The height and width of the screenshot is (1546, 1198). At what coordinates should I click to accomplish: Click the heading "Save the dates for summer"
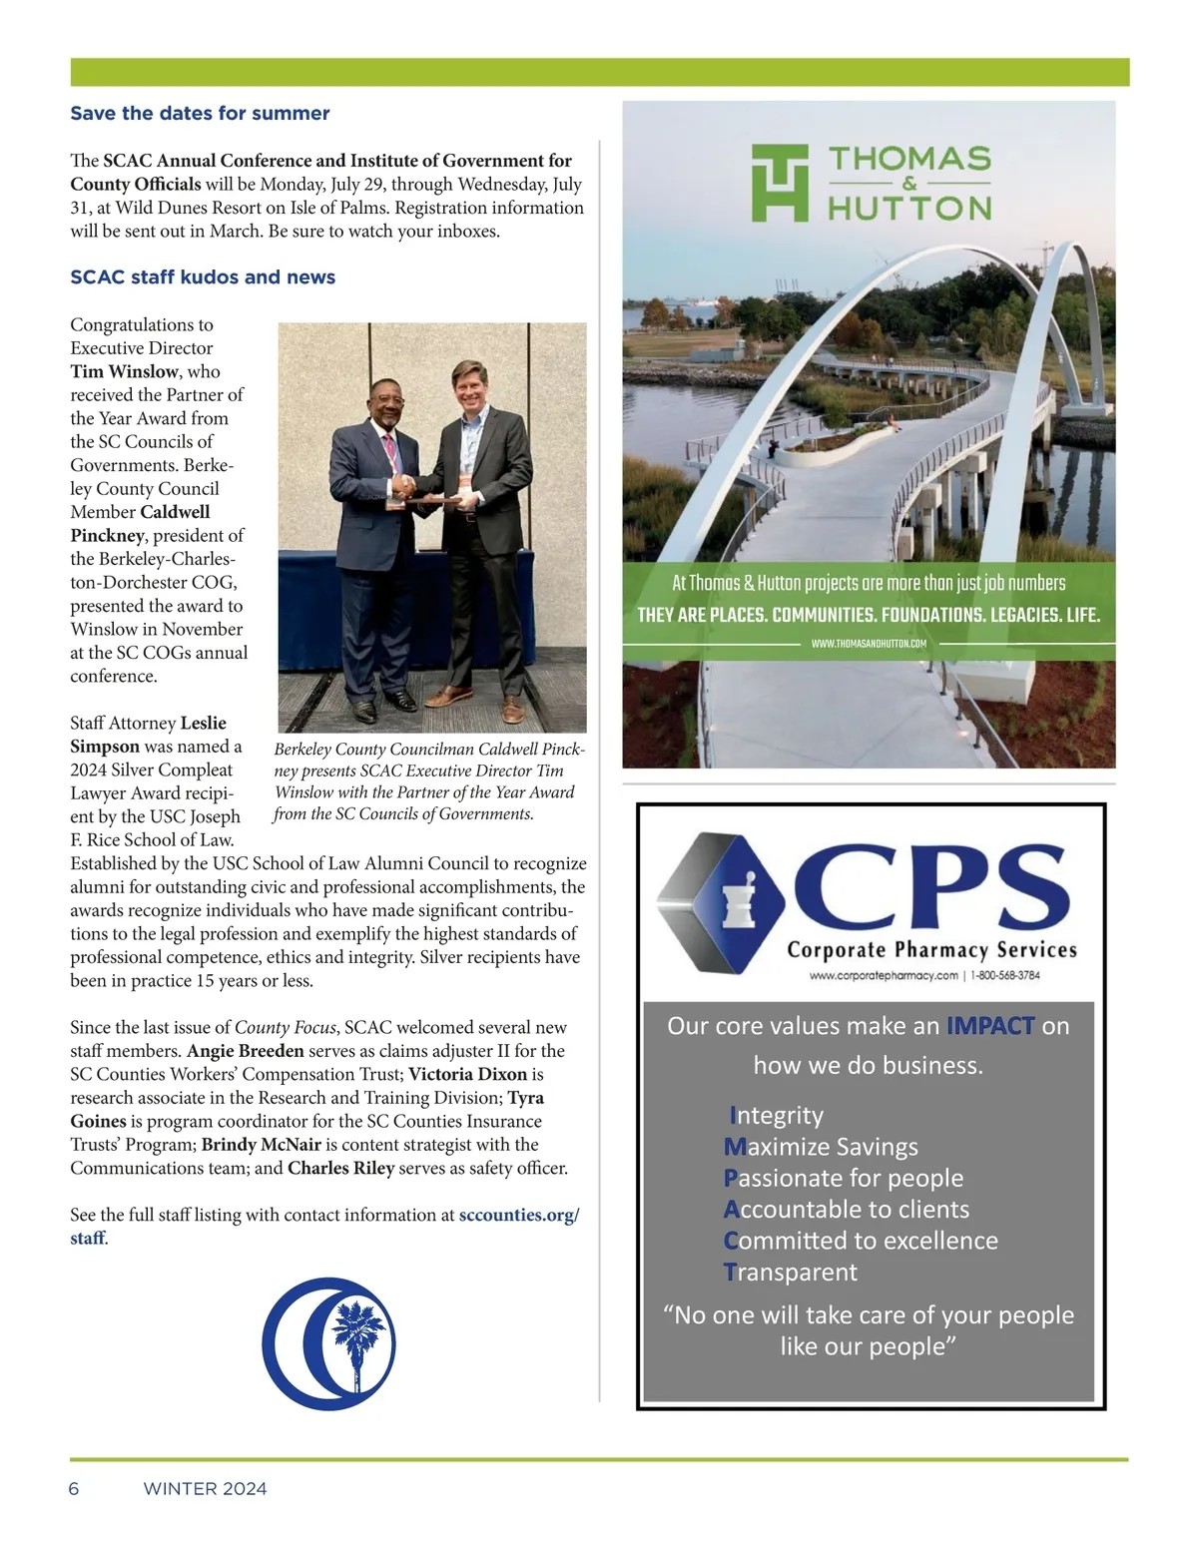pyautogui.click(x=200, y=114)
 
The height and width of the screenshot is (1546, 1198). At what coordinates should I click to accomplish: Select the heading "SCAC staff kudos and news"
pyautogui.click(x=203, y=277)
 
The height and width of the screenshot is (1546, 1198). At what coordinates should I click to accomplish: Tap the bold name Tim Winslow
pyautogui.click(x=125, y=371)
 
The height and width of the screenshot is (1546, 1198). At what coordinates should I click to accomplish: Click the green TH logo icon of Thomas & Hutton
pyautogui.click(x=779, y=182)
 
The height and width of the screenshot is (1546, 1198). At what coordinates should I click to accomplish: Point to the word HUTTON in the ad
pyautogui.click(x=908, y=208)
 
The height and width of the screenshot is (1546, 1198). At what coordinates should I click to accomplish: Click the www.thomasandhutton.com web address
pyautogui.click(x=869, y=644)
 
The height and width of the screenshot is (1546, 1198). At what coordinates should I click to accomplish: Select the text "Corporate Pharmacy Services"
pyautogui.click(x=931, y=949)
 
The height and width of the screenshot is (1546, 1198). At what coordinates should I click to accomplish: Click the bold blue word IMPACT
pyautogui.click(x=990, y=1026)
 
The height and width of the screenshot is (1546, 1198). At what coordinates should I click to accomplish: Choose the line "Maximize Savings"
pyautogui.click(x=821, y=1147)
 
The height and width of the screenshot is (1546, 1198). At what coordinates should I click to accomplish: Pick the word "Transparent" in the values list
pyautogui.click(x=790, y=1273)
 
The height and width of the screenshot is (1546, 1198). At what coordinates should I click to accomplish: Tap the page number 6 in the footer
pyautogui.click(x=74, y=1489)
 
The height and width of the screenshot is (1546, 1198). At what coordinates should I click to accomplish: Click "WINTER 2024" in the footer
pyautogui.click(x=205, y=1489)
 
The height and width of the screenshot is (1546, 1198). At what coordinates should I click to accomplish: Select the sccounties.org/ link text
pyautogui.click(x=518, y=1215)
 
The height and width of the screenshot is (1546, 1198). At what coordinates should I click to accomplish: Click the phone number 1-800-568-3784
pyautogui.click(x=1004, y=975)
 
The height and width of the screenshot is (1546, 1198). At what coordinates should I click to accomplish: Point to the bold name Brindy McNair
pyautogui.click(x=262, y=1145)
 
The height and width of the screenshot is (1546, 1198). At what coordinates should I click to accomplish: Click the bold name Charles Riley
pyautogui.click(x=340, y=1168)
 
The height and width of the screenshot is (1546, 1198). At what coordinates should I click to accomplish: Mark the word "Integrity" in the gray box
pyautogui.click(x=777, y=1115)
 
